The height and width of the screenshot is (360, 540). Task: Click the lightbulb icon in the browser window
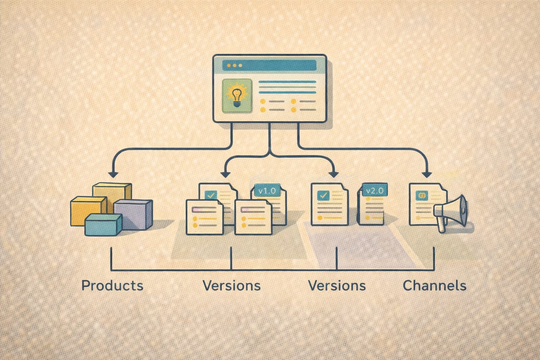pos(237,96)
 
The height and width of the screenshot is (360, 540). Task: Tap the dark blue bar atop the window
pos(269,65)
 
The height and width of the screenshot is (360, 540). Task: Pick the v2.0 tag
pos(375,191)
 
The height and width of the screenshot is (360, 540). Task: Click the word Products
pos(112,285)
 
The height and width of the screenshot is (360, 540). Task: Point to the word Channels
pos(435,285)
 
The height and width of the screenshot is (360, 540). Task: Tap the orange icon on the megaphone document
pos(421,195)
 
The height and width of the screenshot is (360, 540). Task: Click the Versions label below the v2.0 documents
pos(337,285)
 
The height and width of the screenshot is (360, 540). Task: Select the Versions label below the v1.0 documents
pos(232,285)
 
